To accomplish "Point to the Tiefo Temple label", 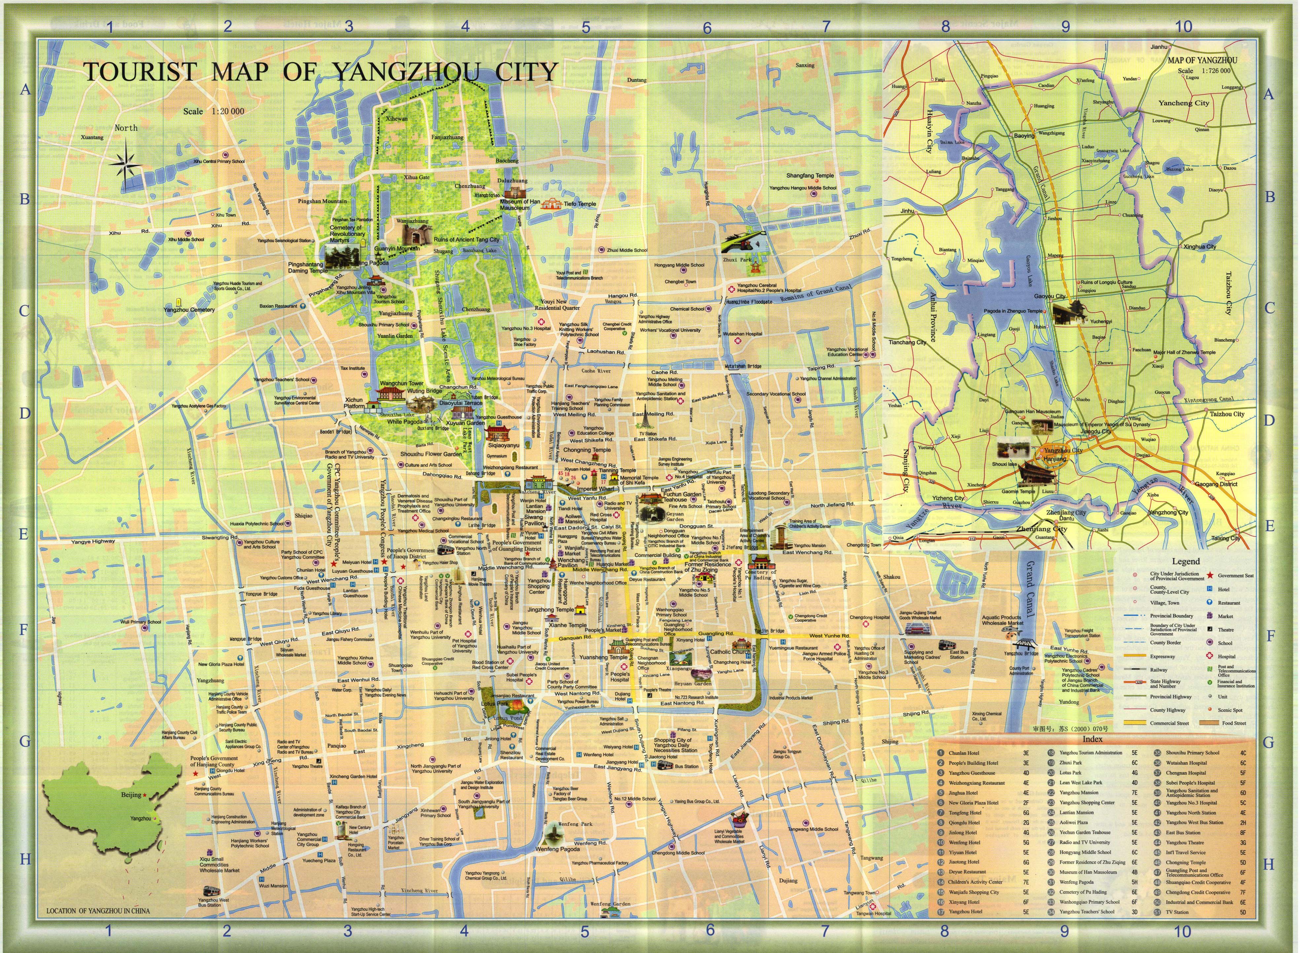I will [x=580, y=204].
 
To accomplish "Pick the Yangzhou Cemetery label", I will [x=189, y=310].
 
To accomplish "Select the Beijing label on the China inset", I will [x=131, y=795].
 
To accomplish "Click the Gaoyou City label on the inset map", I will [x=1050, y=296].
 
